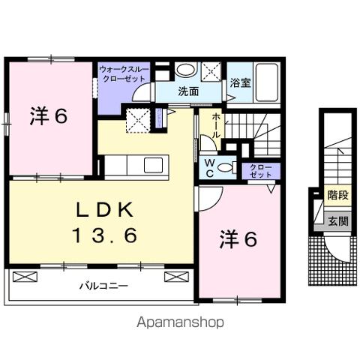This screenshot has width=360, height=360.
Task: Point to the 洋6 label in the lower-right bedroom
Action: pyautogui.click(x=238, y=239)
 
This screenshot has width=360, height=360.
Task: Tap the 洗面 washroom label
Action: pyautogui.click(x=188, y=91)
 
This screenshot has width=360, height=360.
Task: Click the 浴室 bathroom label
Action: pyautogui.click(x=240, y=82)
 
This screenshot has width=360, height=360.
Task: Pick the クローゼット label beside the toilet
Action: pyautogui.click(x=262, y=169)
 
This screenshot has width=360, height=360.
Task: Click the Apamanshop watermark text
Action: pyautogui.click(x=181, y=323)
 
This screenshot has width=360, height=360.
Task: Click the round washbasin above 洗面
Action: pyautogui.click(x=186, y=70)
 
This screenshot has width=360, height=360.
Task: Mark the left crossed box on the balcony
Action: pyautogui.click(x=25, y=277)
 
